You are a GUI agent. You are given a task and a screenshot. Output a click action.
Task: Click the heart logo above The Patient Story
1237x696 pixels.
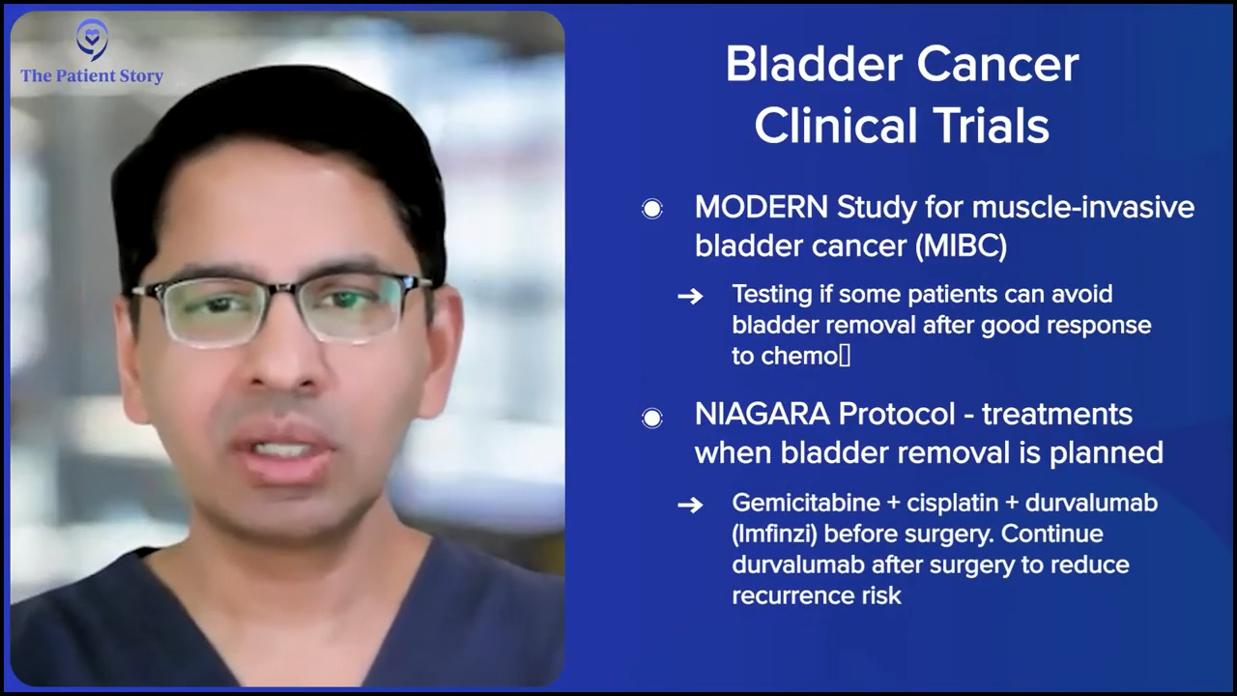[x=92, y=40]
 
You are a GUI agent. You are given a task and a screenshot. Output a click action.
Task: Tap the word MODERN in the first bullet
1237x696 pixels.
[x=761, y=207]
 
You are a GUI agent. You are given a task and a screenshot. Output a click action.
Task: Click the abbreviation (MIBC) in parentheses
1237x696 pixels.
[x=962, y=246]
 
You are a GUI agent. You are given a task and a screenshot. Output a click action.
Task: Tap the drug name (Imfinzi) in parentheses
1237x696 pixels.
[x=774, y=535]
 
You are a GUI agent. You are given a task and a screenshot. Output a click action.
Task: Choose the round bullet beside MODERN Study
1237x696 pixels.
[x=652, y=209]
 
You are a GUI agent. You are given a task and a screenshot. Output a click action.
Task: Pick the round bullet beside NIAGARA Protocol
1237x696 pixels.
[x=652, y=419]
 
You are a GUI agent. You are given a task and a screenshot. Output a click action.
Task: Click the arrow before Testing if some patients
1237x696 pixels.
[x=690, y=297]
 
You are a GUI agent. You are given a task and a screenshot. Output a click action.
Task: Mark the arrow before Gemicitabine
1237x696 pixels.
[x=690, y=505]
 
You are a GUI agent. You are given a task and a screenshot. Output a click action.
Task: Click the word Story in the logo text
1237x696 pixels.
[x=141, y=76]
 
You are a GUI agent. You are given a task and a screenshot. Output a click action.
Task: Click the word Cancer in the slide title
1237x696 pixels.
[x=998, y=65]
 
